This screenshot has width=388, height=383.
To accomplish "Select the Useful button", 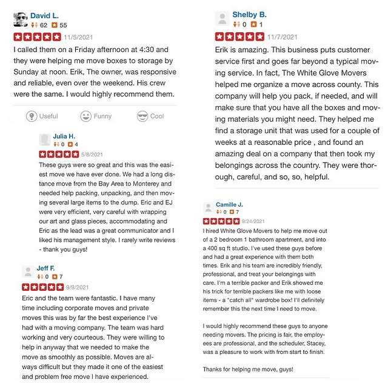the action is click(42, 116).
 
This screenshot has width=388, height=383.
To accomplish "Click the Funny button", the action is click(96, 116).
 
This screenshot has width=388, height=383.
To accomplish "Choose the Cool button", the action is click(150, 116).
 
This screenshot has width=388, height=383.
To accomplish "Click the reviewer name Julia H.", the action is click(64, 136).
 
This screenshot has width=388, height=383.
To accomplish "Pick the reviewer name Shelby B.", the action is click(250, 15).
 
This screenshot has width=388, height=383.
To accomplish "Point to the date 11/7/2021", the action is click(283, 37).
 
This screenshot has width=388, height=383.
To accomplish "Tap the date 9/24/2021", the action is click(271, 221).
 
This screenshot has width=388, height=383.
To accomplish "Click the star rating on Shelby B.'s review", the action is click(239, 37).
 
